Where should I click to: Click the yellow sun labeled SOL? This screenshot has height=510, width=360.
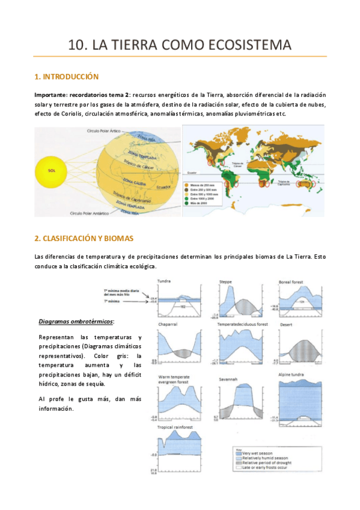tap(52, 170)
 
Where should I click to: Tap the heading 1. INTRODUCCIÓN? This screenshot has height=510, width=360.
tap(67, 77)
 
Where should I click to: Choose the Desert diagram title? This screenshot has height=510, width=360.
tap(286, 324)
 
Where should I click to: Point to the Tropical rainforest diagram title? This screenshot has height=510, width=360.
tap(175, 427)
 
